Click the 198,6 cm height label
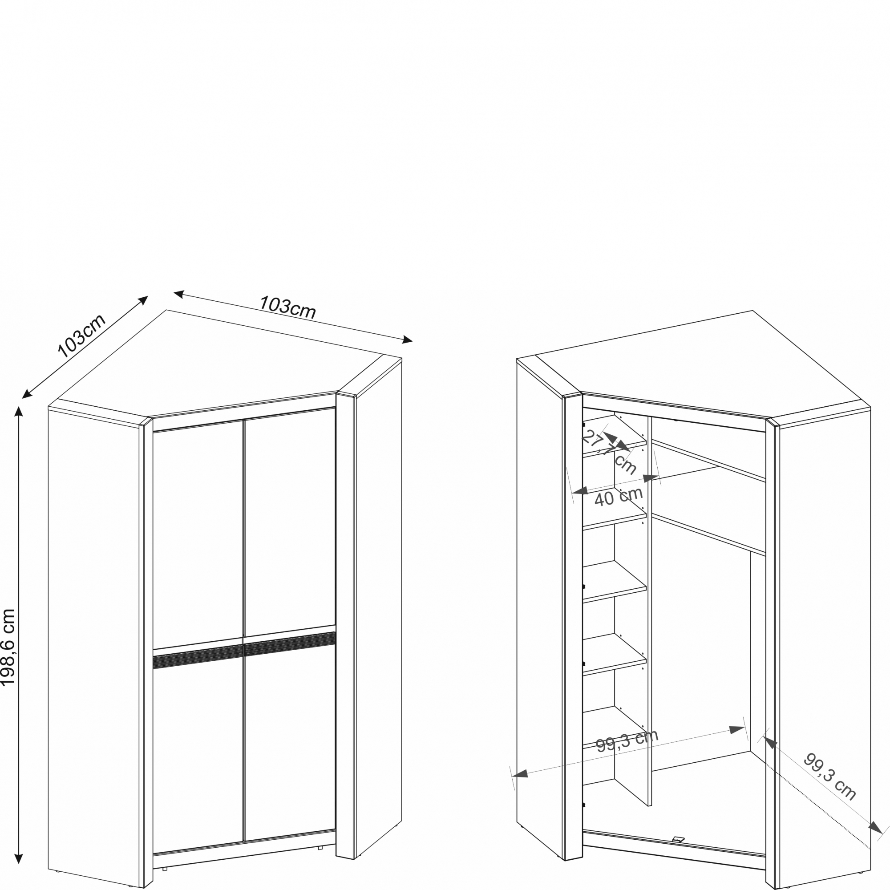coord(8,647)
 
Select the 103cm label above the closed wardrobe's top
coord(287,307)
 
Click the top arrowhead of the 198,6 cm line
coord(18,411)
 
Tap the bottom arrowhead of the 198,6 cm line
coord(18,859)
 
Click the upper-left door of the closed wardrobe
coord(198,534)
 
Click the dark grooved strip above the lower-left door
coord(198,656)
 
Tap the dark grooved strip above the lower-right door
coord(290,643)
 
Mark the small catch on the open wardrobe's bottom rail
coord(678,839)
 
